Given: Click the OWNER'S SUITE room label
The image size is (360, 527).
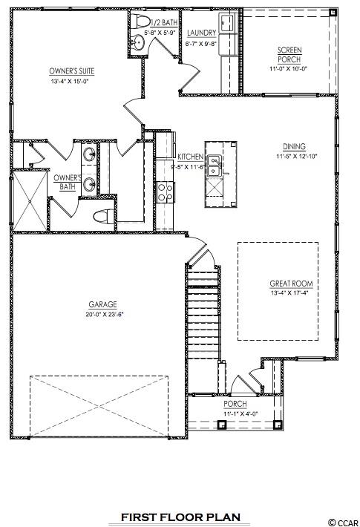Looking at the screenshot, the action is click(x=71, y=71).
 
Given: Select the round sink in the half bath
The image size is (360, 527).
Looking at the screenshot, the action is click(x=137, y=42).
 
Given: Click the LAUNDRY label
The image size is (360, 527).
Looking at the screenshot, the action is click(x=201, y=33).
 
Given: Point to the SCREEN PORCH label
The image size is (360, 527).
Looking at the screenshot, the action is click(x=289, y=55).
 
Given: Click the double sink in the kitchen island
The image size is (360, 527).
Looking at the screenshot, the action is click(x=214, y=166).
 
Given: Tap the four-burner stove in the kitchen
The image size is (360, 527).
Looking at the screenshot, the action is click(x=165, y=192).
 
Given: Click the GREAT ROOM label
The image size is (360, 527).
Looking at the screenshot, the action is click(x=291, y=284).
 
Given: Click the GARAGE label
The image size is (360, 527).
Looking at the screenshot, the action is click(x=103, y=304).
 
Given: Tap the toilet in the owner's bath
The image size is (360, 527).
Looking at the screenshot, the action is click(x=104, y=215).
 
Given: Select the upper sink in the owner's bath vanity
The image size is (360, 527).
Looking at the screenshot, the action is click(x=89, y=155).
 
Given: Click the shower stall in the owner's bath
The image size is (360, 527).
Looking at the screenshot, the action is click(x=30, y=201).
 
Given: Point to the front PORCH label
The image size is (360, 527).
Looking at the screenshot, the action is click(x=235, y=404).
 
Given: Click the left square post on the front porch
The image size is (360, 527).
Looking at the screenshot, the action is click(x=221, y=425).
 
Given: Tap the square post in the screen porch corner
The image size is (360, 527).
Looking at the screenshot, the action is click(x=333, y=13).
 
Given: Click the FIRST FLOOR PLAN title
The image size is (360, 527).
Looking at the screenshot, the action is click(x=180, y=517).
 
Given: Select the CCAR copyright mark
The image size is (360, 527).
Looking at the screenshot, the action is click(x=344, y=523).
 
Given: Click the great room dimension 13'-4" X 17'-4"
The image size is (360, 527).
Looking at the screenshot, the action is click(x=289, y=292).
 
